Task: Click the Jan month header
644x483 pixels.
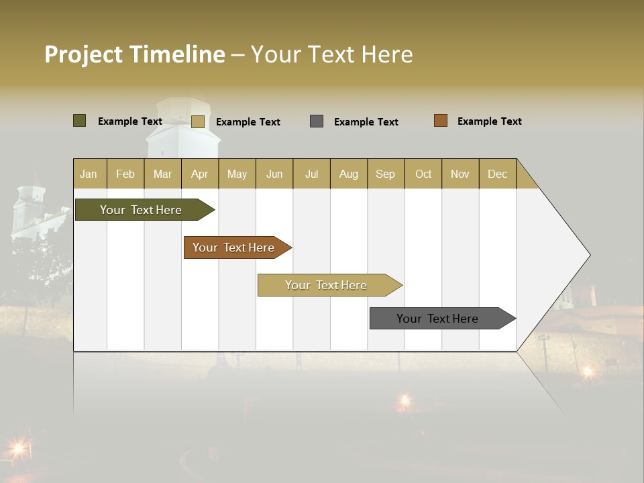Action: pos(89,174)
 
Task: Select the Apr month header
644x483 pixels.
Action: pos(199,174)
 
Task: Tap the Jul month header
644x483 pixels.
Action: pos(311,174)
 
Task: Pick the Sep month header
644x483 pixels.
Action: pos(385,174)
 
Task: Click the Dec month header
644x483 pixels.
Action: pos(497,174)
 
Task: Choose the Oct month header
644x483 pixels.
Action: pos(423,174)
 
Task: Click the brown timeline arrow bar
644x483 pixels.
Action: pos(235,248)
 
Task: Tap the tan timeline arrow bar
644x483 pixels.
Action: pos(327,285)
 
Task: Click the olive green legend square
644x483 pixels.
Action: pos(79,121)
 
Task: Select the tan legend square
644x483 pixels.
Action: pos(197,121)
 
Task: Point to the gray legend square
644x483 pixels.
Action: pos(317,121)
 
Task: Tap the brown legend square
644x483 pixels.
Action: pos(440,121)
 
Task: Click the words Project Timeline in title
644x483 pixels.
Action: pos(134,54)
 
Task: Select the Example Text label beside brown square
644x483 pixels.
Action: pos(489,121)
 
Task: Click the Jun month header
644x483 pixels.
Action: pos(274,174)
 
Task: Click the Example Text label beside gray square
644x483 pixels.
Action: pos(366,122)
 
